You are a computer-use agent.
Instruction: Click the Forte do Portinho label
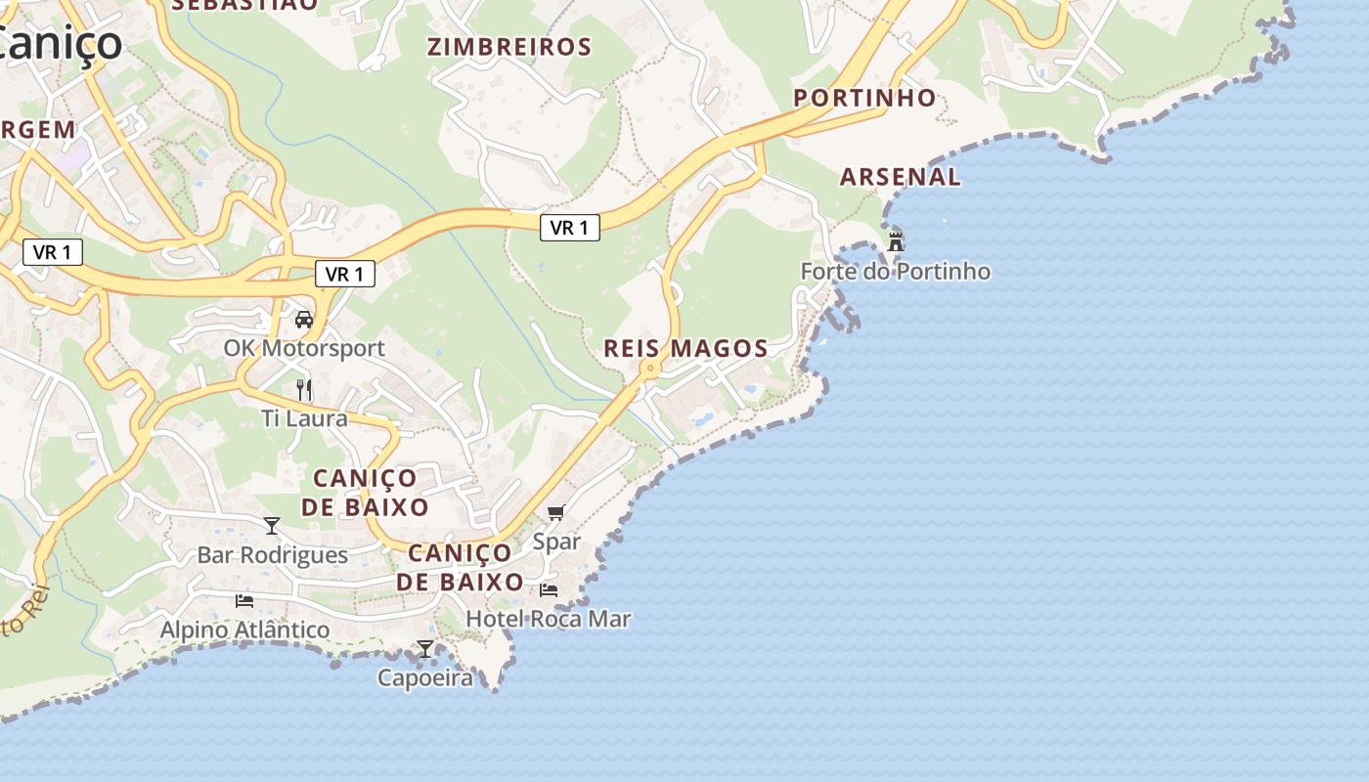pyautogui.click(x=895, y=271)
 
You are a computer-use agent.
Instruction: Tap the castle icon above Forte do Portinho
pyautogui.click(x=895, y=241)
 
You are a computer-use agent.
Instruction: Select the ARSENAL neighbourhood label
pyautogui.click(x=901, y=177)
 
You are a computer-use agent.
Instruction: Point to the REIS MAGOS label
pyautogui.click(x=685, y=348)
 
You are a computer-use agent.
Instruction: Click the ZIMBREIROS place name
pyautogui.click(x=509, y=47)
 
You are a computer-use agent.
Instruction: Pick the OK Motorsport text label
pyautogui.click(x=304, y=348)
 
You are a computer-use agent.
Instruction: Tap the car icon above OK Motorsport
pyautogui.click(x=304, y=320)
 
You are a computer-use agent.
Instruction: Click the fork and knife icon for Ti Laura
pyautogui.click(x=304, y=389)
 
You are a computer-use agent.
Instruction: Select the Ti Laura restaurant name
pyautogui.click(x=304, y=418)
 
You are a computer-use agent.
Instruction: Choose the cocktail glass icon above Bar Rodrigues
pyautogui.click(x=272, y=526)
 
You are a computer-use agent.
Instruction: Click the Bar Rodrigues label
pyautogui.click(x=272, y=555)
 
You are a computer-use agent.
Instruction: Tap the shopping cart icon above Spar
pyautogui.click(x=556, y=512)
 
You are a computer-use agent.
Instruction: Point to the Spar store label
pyautogui.click(x=556, y=542)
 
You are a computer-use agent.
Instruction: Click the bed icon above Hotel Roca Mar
pyautogui.click(x=549, y=589)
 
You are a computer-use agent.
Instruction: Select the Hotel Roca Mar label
pyautogui.click(x=549, y=619)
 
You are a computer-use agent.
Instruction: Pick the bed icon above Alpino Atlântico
pyautogui.click(x=244, y=600)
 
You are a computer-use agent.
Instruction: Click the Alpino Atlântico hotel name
pyautogui.click(x=244, y=630)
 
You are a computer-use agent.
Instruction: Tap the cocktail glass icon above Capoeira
pyautogui.click(x=425, y=648)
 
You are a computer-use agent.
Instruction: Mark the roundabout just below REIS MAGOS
pyautogui.click(x=648, y=369)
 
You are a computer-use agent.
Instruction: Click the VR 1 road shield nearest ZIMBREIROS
pyautogui.click(x=569, y=228)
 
